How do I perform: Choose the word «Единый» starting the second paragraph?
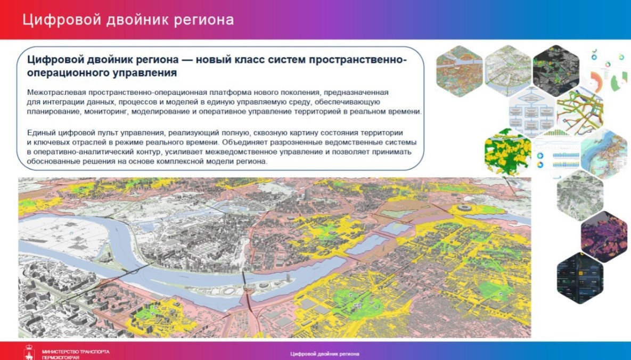(40, 132)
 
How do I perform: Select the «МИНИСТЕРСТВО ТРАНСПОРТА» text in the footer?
(76, 351)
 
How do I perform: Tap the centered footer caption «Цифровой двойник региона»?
(325, 354)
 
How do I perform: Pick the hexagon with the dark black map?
(555, 68)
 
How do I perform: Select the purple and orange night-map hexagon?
(603, 235)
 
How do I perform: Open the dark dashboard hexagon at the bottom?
(580, 277)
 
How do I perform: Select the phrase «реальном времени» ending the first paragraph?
(392, 111)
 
